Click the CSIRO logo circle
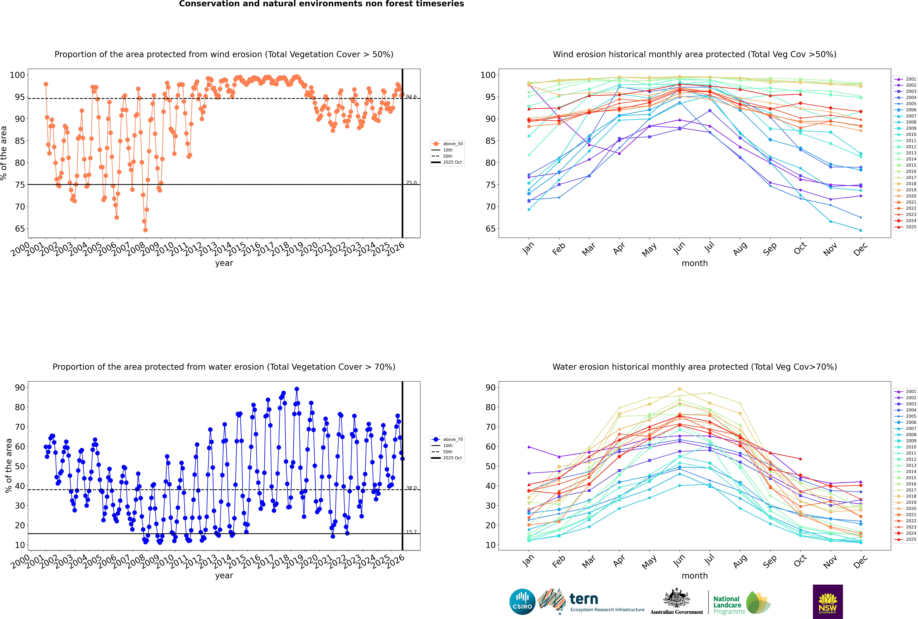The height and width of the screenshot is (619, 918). click(x=522, y=602)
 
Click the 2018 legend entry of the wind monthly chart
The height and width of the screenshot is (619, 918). click(x=910, y=184)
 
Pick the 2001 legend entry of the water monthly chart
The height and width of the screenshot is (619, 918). click(x=910, y=392)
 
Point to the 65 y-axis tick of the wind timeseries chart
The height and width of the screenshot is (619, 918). click(x=20, y=229)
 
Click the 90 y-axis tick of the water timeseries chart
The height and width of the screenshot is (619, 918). click(x=20, y=387)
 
